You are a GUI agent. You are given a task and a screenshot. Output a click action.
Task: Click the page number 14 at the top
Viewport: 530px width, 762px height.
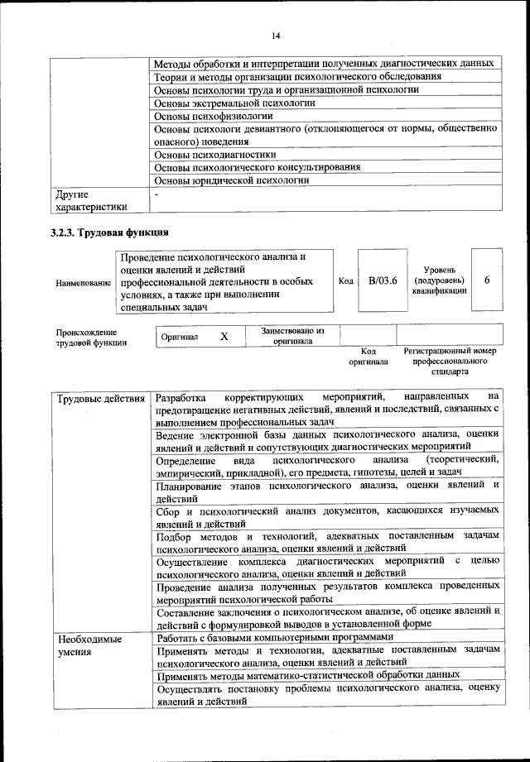pyautogui.click(x=276, y=35)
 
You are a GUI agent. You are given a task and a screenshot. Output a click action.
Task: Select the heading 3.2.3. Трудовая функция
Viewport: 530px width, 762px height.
pyautogui.click(x=109, y=232)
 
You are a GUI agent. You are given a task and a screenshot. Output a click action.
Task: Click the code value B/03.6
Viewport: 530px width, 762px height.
pyautogui.click(x=383, y=280)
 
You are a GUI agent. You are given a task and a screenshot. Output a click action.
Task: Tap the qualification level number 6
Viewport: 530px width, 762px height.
pyautogui.click(x=487, y=280)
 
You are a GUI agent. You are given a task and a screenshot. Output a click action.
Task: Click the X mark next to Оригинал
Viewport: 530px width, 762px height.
pyautogui.click(x=224, y=337)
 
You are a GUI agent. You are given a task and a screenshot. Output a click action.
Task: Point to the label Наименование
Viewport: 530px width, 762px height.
pyautogui.click(x=84, y=282)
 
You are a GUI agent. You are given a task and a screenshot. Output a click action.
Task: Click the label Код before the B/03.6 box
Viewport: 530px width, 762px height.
pyautogui.click(x=346, y=281)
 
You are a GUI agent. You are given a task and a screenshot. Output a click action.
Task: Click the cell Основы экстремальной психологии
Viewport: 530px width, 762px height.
pyautogui.click(x=235, y=103)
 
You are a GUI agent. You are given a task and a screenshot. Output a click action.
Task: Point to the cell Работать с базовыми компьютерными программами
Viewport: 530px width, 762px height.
pyautogui.click(x=270, y=638)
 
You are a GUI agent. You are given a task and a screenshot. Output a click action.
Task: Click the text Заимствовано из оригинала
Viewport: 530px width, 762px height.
pyautogui.click(x=292, y=335)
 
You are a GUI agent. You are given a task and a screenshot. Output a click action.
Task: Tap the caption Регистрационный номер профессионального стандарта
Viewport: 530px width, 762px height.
pyautogui.click(x=450, y=362)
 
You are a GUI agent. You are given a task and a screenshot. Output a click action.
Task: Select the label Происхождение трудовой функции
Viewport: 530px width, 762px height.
pyautogui.click(x=91, y=337)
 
